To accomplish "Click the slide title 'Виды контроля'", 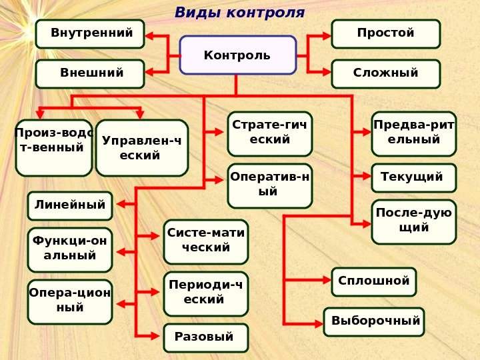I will click(239, 13).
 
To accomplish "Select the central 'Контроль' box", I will click(238, 55).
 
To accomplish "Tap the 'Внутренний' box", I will click(90, 34).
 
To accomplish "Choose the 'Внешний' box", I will click(90, 74).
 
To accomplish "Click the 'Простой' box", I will click(386, 34).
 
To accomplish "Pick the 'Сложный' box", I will click(386, 74).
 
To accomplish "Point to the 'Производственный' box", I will click(53, 147).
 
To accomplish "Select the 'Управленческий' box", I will click(142, 148).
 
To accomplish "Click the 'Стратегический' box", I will click(270, 133).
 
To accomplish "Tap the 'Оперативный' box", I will click(270, 186).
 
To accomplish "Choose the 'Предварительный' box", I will click(414, 133).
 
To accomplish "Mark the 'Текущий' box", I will click(414, 177).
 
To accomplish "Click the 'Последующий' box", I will click(414, 221).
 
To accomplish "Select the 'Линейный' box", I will click(70, 206).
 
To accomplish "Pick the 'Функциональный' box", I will click(70, 250).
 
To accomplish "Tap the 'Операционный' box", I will click(70, 301).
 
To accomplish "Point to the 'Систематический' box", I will click(206, 242).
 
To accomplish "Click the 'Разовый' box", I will click(206, 338).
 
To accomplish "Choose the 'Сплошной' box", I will click(374, 281).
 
